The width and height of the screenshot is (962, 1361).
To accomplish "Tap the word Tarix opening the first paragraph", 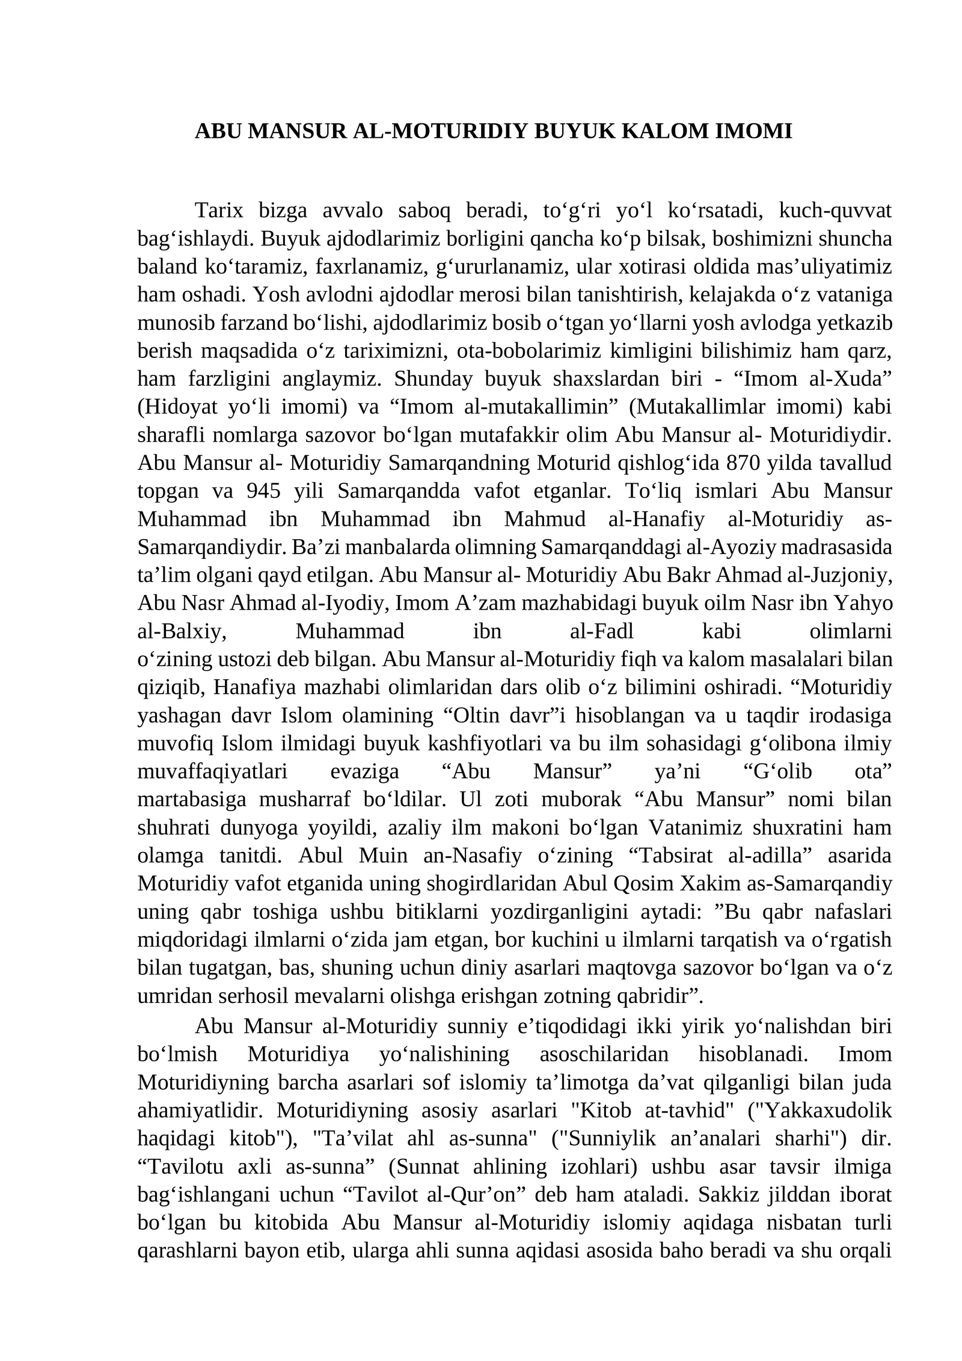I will (219, 211).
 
